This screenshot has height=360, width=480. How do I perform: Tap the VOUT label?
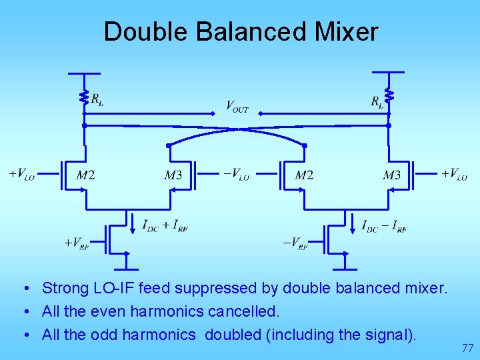[237, 106]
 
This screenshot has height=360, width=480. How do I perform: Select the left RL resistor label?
[97, 100]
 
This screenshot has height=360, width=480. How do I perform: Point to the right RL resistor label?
[377, 101]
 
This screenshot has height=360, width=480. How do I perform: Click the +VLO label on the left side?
[21, 175]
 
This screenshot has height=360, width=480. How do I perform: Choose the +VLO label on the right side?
[454, 175]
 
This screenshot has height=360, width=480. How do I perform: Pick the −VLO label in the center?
[237, 175]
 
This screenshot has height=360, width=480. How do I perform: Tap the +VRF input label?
[76, 243]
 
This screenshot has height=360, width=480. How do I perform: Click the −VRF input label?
[295, 243]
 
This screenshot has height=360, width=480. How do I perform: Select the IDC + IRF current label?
[165, 226]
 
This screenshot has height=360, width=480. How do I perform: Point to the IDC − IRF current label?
[384, 226]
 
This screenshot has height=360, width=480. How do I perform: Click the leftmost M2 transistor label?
[85, 175]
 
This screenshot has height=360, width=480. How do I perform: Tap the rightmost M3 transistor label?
[392, 175]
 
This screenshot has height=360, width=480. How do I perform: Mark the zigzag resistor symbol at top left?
[84, 97]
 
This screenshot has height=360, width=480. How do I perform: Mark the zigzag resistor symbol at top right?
[389, 97]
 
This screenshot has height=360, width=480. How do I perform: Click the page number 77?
[468, 347]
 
